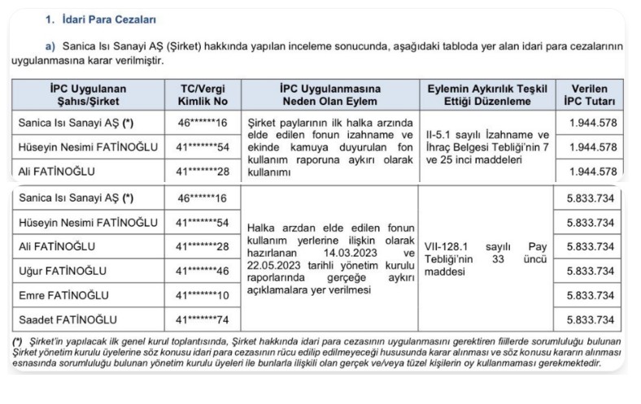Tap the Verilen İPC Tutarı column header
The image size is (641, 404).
click(x=591, y=95)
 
